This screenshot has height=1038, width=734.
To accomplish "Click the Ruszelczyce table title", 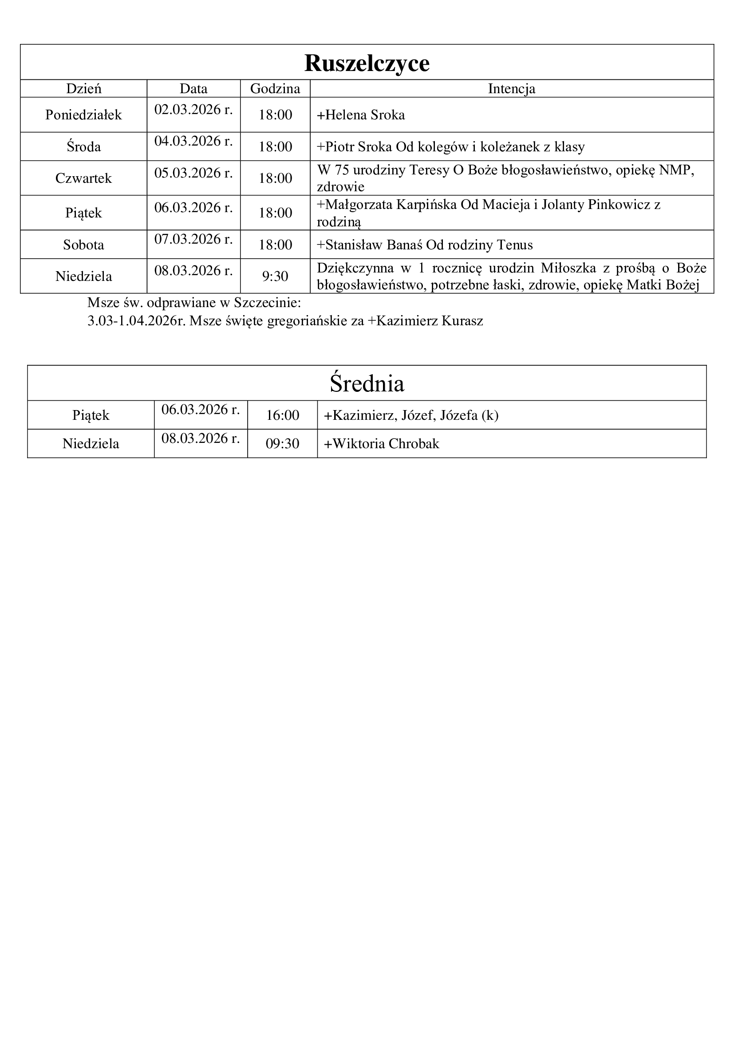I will tap(367, 63).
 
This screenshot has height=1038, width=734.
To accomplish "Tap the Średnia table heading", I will tap(367, 383).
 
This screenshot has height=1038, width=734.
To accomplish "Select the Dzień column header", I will tap(83, 89).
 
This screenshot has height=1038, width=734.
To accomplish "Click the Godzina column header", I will tap(275, 89).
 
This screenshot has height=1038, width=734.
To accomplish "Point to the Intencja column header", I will tap(511, 89).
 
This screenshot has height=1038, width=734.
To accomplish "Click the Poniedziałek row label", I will tap(83, 115).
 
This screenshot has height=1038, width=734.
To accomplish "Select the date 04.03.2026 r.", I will tap(193, 141).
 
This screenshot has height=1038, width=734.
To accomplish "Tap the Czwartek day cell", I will tap(83, 178).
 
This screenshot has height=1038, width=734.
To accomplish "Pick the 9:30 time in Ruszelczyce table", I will tap(275, 276).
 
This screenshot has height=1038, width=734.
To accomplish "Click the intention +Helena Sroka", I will tap(361, 115).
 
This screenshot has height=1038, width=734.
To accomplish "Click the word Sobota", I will tap(83, 245).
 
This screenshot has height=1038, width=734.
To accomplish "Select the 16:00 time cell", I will tap(283, 415).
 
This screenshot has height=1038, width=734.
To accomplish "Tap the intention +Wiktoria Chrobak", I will tap(382, 443).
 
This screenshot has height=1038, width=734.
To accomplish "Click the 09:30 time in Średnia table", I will tap(283, 443).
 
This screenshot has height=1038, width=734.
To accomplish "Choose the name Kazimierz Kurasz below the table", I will tap(430, 321).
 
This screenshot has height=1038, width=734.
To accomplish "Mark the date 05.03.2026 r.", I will tap(193, 173).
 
